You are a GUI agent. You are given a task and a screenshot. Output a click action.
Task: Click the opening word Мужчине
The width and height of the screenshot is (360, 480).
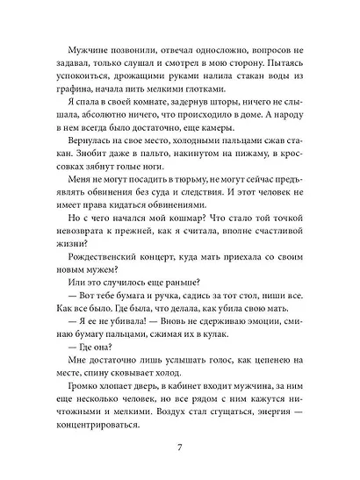point(78,53)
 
